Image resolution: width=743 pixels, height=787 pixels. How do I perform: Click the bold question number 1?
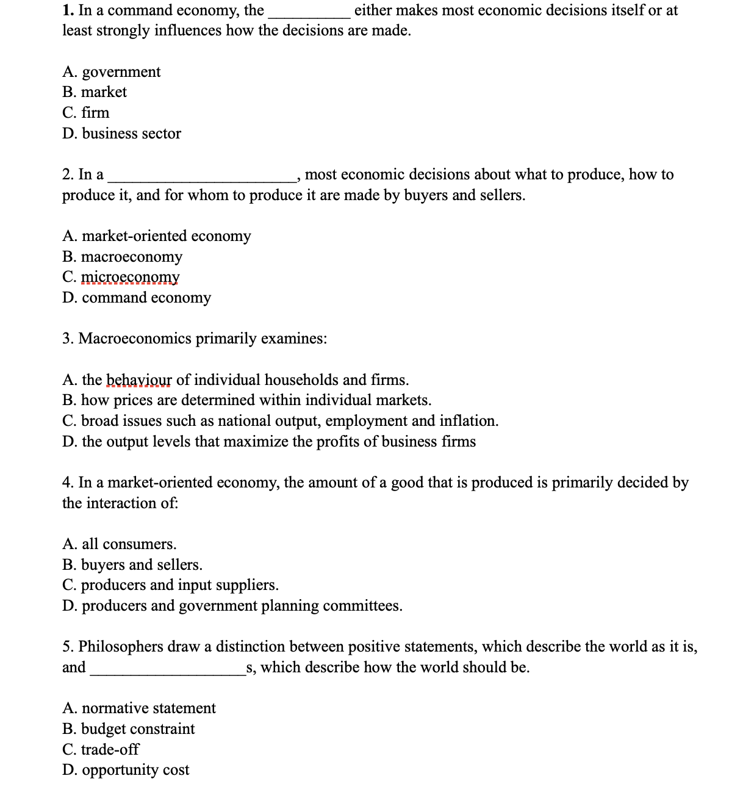[x=68, y=10]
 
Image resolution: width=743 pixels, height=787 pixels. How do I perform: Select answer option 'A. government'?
[x=111, y=72]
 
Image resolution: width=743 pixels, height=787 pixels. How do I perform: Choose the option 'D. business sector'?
[x=121, y=134]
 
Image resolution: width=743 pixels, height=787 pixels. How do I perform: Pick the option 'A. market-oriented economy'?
[x=156, y=236]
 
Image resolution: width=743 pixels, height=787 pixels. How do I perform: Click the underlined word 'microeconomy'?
[x=130, y=277]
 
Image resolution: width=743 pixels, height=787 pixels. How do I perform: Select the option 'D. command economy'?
[x=137, y=298]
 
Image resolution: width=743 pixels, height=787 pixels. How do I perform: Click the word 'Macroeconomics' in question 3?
[x=135, y=339]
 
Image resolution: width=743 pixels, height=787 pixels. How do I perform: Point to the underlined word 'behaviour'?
[x=139, y=380]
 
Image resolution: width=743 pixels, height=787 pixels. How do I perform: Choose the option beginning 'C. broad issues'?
[x=280, y=421]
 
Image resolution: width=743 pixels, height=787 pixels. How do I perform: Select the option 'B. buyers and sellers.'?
[x=132, y=565]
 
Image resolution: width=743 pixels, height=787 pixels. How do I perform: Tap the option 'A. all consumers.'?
[x=119, y=544]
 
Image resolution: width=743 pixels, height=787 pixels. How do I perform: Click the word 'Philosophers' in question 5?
[x=121, y=647]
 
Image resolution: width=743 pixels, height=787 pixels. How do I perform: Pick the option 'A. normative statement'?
[x=138, y=708]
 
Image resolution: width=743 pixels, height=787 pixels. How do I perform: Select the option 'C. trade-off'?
[x=101, y=749]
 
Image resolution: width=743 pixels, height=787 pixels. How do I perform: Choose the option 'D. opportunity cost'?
[x=126, y=770]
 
